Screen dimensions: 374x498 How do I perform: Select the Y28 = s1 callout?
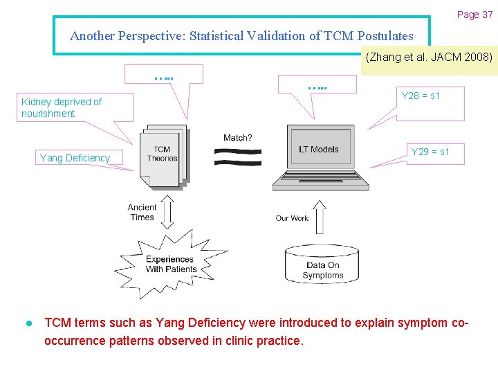tap(421, 96)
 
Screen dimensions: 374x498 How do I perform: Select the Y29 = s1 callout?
tap(430, 152)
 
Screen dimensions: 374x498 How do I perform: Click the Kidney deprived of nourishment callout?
tap(62, 107)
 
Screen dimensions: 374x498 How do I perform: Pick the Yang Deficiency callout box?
tap(75, 158)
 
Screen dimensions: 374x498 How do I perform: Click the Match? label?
tap(237, 138)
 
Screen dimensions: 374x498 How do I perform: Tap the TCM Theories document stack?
tap(163, 154)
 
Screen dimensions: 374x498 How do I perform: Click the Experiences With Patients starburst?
tap(170, 264)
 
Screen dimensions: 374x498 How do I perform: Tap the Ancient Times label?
tap(142, 212)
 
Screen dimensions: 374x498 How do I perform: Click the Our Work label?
tap(292, 218)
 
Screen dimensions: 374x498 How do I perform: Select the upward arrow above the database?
tap(320, 216)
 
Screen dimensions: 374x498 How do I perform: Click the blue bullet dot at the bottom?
tap(28, 323)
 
